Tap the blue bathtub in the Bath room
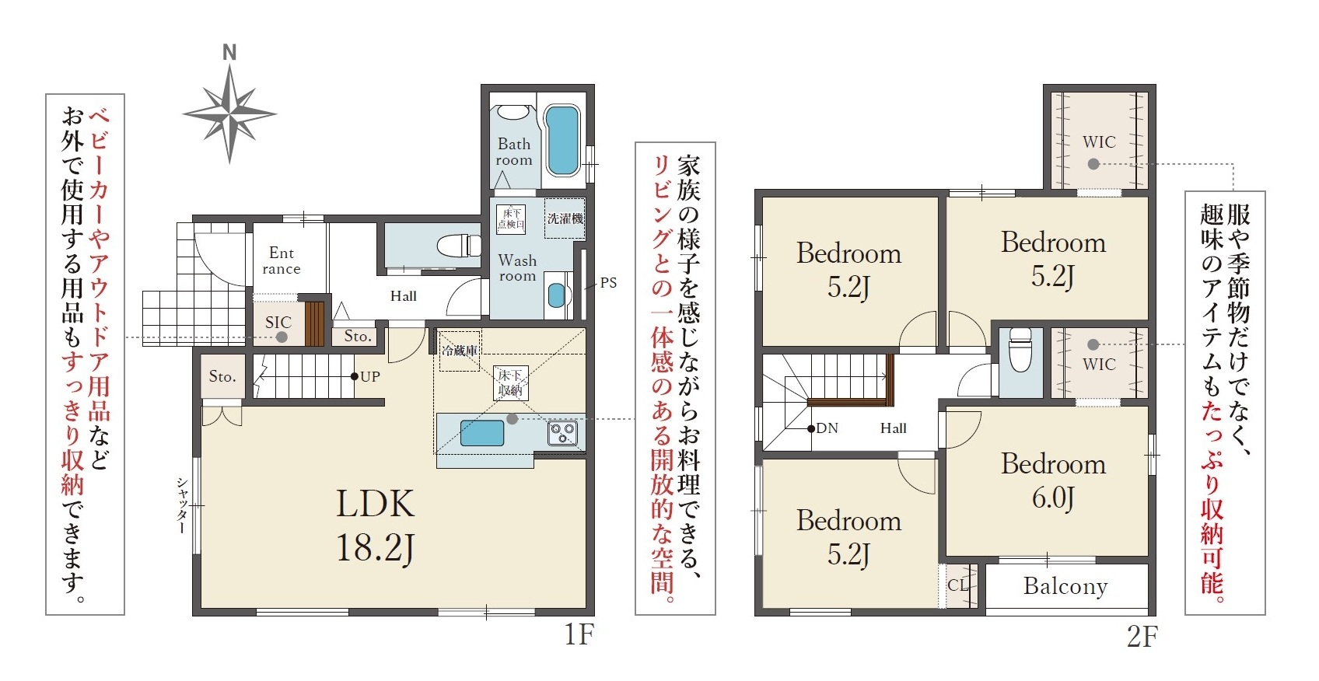[562, 140]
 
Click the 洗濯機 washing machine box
[565, 218]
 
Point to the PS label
[608, 283]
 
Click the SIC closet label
[278, 322]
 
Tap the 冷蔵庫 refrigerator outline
[460, 351]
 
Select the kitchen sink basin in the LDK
[481, 433]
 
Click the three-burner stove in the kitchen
[562, 434]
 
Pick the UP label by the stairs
[369, 377]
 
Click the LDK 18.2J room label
[375, 526]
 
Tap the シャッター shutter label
[182, 505]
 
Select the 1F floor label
[579, 634]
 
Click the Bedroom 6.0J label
[1053, 480]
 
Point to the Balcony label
[1065, 585]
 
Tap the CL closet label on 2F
[958, 585]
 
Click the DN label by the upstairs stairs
[827, 428]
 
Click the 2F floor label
[1142, 637]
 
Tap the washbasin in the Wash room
[556, 295]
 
